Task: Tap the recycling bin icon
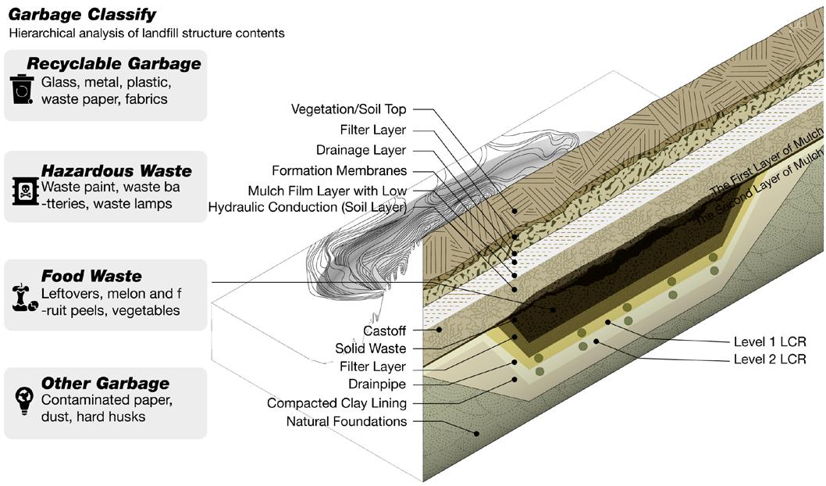tap(22, 89)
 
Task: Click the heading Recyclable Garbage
tap(114, 64)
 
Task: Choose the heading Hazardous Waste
tap(116, 171)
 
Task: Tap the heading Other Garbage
tap(105, 384)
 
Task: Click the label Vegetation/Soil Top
tap(348, 109)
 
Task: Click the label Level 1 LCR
tap(769, 341)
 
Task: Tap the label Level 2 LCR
tap(769, 359)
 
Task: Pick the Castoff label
tap(384, 331)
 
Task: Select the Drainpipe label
tap(377, 384)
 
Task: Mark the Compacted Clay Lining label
tap(336, 403)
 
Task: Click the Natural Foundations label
tap(347, 422)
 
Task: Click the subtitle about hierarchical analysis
tap(147, 34)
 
